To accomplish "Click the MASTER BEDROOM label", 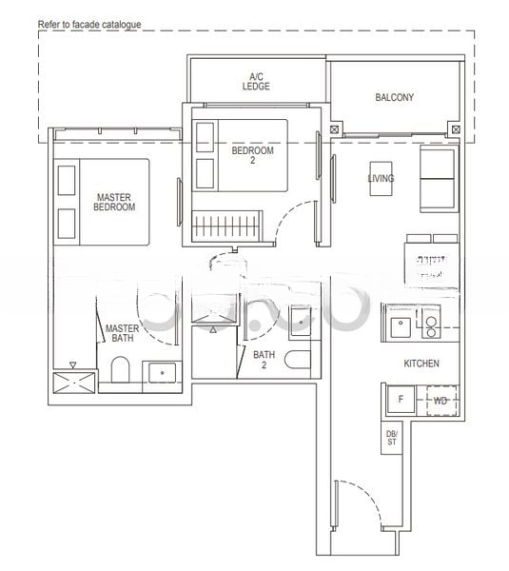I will click(x=113, y=202).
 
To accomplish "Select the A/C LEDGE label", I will click(x=256, y=81).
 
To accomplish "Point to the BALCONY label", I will click(x=394, y=97).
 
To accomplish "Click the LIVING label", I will click(x=381, y=178).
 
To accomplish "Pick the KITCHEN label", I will click(x=421, y=363).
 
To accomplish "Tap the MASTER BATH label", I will click(x=122, y=332).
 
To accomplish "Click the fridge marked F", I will click(x=400, y=399).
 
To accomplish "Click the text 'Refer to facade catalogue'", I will click(x=89, y=23).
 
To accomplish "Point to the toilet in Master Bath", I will click(x=121, y=369).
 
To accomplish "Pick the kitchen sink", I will click(x=401, y=325).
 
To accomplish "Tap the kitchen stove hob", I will click(x=431, y=325).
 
